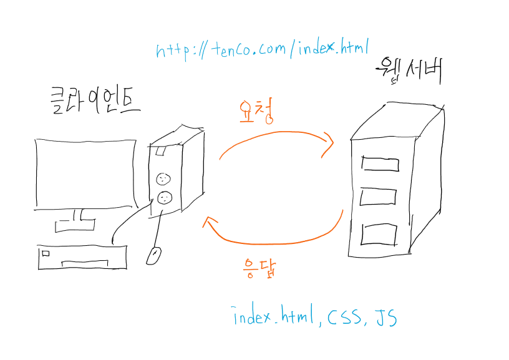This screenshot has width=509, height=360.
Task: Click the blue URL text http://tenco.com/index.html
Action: pos(263,49)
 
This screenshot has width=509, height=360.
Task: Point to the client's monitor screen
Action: pos(85,173)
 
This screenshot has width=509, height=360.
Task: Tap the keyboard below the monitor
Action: pos(81,256)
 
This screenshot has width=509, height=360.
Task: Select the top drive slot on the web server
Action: pos(379,164)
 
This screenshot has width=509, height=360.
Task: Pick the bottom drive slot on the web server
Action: pos(379,235)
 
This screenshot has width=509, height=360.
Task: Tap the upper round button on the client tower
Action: pos(163,179)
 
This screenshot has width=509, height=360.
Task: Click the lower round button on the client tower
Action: pos(164,198)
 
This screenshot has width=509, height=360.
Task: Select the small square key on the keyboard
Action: pos(45,253)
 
